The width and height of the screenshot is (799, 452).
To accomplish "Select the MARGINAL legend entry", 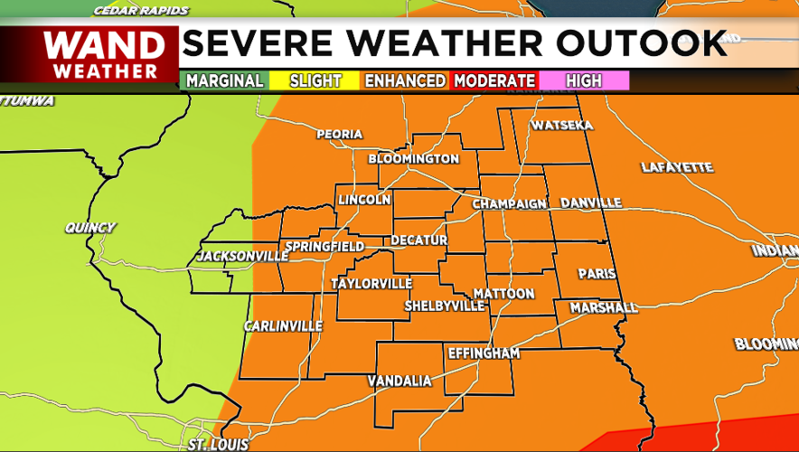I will [225, 80].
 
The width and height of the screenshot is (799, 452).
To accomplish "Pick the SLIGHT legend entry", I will [315, 80].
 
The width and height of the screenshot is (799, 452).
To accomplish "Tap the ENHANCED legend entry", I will [405, 80].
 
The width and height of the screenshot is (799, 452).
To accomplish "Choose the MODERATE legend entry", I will [494, 80].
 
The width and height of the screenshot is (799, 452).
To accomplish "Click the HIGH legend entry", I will [583, 80].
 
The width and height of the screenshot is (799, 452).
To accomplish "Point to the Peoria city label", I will [339, 135].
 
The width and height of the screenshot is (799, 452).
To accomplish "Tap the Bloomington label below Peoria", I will [414, 159].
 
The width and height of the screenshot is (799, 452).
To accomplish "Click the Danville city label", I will [591, 202].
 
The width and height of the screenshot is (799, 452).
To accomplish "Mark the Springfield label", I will [324, 247].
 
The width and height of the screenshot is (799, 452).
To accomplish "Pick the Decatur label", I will [418, 240].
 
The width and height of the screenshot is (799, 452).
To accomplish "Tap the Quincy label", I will [90, 228].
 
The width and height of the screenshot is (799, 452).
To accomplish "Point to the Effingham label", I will [484, 353].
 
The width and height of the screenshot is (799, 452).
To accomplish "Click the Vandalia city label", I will [399, 381].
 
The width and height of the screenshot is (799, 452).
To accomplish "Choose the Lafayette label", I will [677, 167].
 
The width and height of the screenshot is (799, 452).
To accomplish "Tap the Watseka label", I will [561, 125].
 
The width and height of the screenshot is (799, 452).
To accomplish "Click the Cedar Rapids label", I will [141, 11].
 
